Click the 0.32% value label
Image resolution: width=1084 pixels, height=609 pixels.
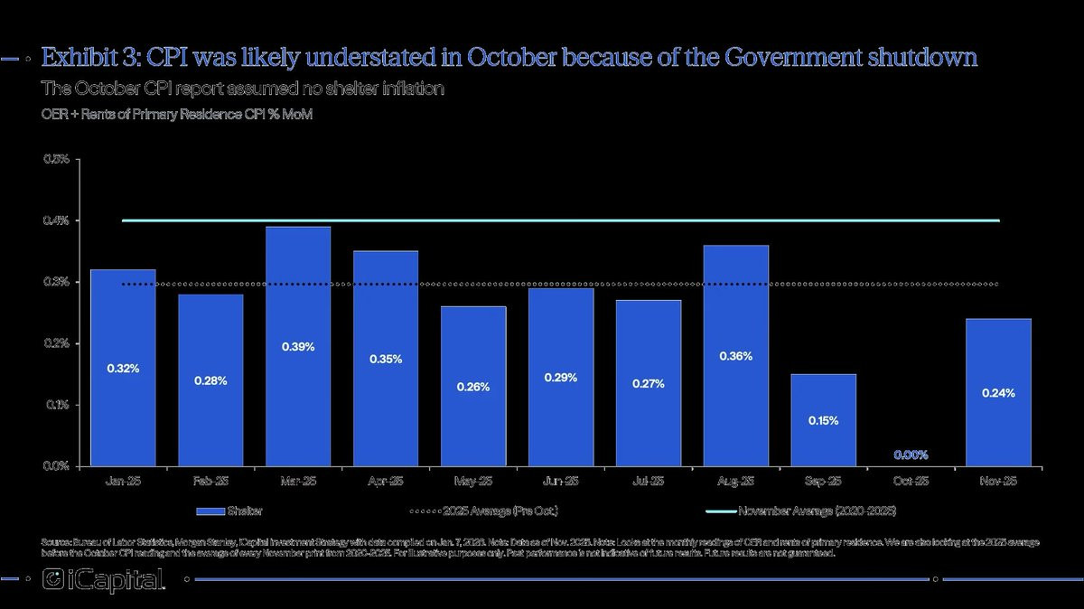pos(123,369)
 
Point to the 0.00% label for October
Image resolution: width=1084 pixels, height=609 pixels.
pos(911,455)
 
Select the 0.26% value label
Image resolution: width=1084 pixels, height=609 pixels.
pos(473,387)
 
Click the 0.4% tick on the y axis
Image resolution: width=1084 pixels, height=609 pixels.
pos(56,221)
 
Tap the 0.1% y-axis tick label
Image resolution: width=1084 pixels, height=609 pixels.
pos(56,405)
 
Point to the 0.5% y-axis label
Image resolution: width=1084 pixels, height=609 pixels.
pos(56,160)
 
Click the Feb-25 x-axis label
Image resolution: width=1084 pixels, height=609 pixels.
pos(210,482)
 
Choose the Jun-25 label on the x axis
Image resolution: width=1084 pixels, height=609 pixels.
pos(561,482)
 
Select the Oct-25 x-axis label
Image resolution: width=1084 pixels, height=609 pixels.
pos(911,482)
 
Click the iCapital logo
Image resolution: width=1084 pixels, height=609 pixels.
pos(104,580)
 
